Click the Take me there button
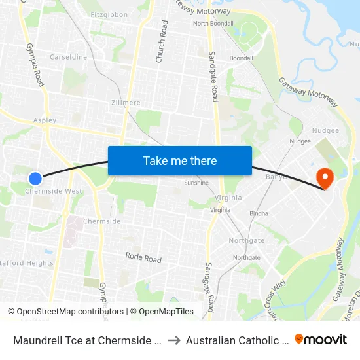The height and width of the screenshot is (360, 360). click(180, 160)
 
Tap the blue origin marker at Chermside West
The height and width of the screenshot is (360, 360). click(35, 178)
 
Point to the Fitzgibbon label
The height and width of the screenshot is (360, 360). click(109, 14)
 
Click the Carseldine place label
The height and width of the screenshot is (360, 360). click(68, 57)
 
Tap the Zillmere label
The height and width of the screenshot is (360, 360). click(126, 103)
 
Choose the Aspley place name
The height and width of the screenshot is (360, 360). click(45, 120)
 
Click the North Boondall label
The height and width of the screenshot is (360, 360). click(213, 24)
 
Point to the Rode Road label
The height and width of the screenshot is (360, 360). click(143, 259)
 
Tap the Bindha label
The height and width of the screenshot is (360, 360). click(259, 214)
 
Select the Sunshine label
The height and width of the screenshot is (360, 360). click(196, 183)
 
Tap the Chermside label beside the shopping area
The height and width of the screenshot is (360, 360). click(101, 221)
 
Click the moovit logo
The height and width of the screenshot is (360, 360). click(321, 339)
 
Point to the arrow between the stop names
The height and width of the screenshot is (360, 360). click(174, 340)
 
